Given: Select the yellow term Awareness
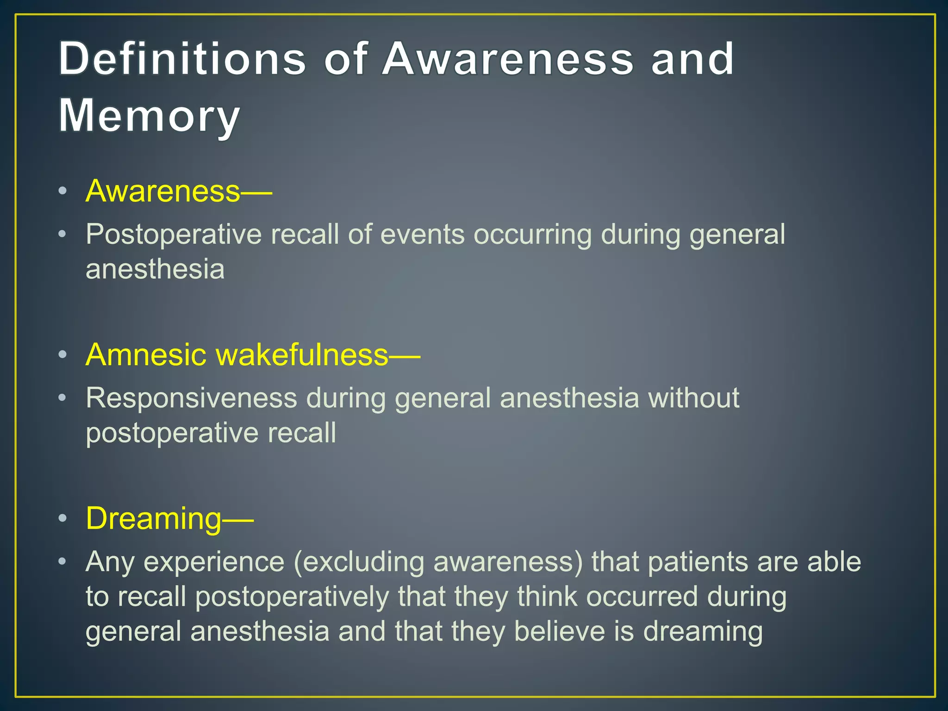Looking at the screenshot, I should click(163, 191).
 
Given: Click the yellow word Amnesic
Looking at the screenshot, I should click(146, 355).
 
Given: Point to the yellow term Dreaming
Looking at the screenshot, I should click(154, 518).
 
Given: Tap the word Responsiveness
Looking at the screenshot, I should click(191, 398).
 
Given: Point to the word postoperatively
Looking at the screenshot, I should click(292, 597).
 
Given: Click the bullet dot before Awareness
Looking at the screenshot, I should click(63, 191).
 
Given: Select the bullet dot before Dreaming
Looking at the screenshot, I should click(63, 518).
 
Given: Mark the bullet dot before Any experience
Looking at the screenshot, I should click(63, 562).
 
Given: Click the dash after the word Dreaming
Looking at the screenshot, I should click(238, 520).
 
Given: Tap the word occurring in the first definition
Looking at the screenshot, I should click(532, 235).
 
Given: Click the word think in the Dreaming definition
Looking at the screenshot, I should click(547, 597).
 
